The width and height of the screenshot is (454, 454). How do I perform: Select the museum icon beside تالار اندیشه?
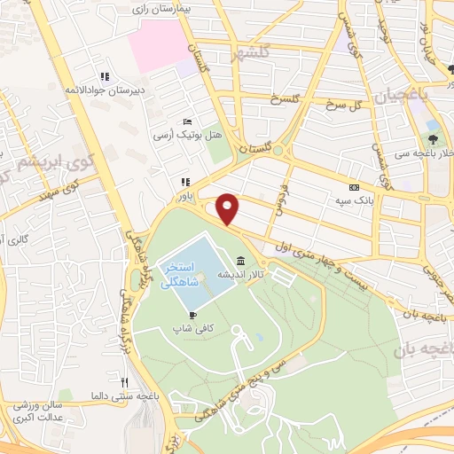(x=241, y=260)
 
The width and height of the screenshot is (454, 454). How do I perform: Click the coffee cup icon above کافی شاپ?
(x=191, y=315)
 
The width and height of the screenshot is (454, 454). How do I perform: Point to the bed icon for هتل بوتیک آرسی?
(x=185, y=121)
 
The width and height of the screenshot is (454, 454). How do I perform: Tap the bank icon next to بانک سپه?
(x=355, y=188)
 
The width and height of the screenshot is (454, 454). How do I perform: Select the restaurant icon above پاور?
(x=185, y=182)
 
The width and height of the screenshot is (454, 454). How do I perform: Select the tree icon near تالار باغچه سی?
(x=433, y=138)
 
